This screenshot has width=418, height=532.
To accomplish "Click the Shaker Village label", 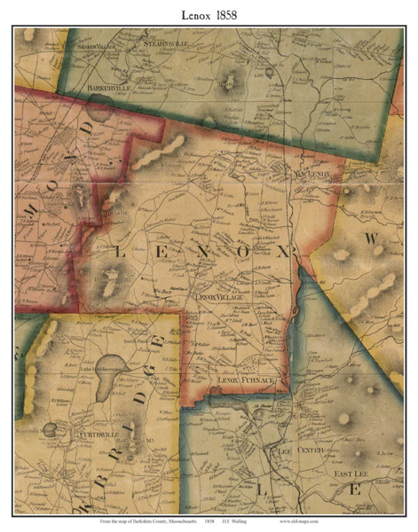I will click(98, 46).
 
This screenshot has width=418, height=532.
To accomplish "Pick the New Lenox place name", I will click(312, 175).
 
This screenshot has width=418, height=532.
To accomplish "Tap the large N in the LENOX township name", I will click(200, 253).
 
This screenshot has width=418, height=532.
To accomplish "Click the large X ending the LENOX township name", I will click(283, 253).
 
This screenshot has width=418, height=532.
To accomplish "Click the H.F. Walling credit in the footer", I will click(247, 524).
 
